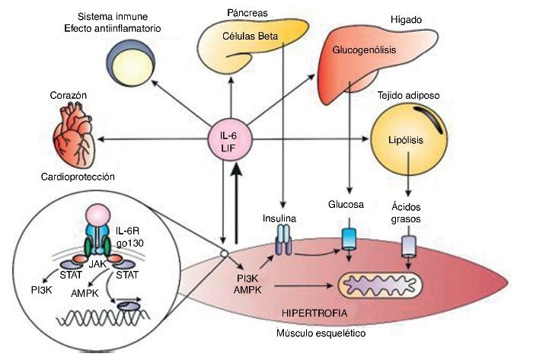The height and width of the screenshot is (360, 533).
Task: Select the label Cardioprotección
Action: click(x=78, y=177)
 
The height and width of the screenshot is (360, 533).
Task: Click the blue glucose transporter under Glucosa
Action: click(x=349, y=239)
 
